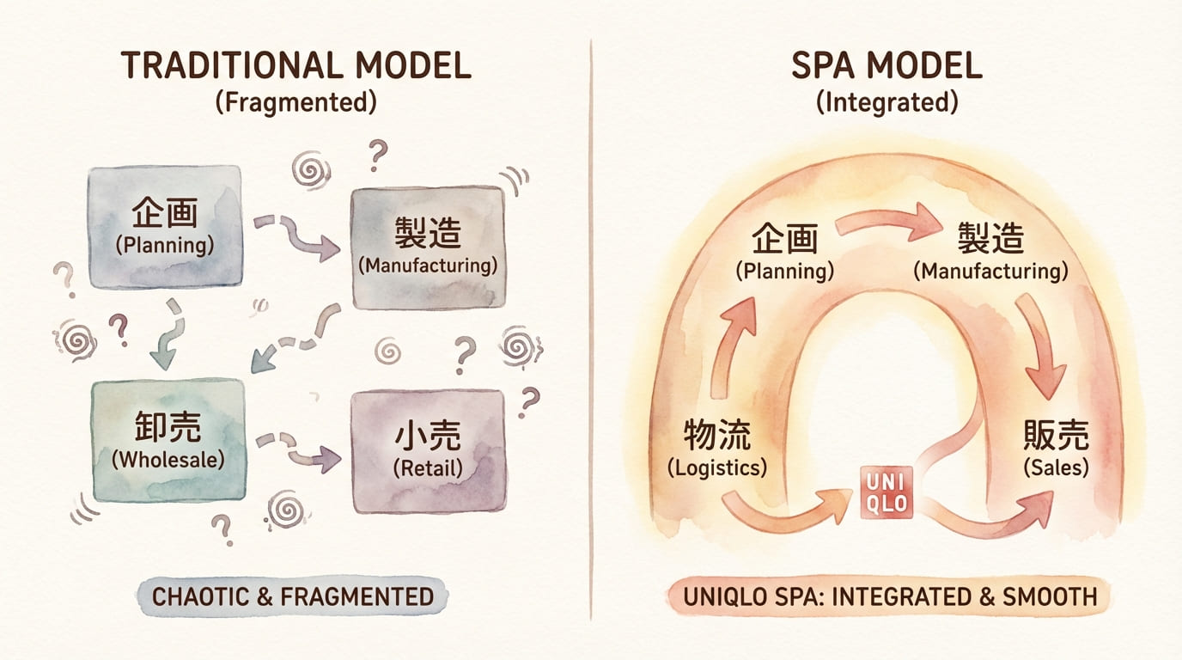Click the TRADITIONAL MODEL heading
click(x=296, y=66)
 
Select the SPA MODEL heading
click(x=886, y=66)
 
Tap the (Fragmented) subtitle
click(x=296, y=103)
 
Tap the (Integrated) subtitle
click(x=886, y=103)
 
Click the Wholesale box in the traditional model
click(x=168, y=440)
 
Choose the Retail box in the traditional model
click(x=428, y=450)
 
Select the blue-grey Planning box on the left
click(x=165, y=226)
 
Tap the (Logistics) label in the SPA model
click(x=716, y=468)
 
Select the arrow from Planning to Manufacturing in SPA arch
click(x=889, y=223)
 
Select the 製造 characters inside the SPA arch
click(x=990, y=236)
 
